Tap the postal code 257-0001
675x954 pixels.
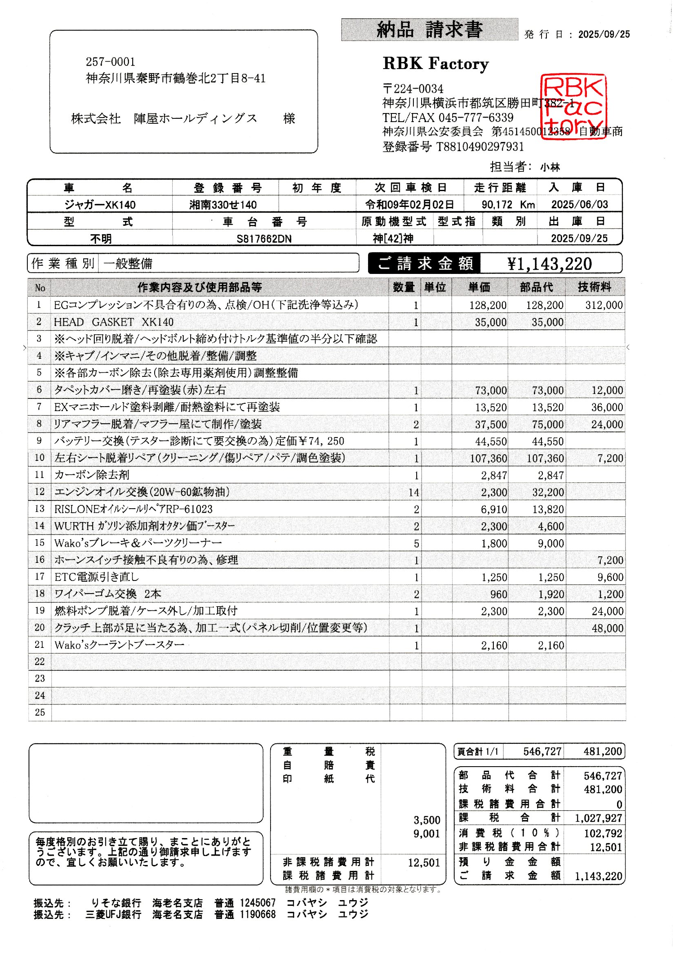[111, 62]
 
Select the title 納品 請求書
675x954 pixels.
[429, 30]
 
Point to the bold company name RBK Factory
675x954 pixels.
[435, 64]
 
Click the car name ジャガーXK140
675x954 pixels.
[100, 205]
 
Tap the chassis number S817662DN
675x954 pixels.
[264, 239]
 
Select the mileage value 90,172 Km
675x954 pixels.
[508, 205]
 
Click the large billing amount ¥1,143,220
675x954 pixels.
[549, 264]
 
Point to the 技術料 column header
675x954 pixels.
[594, 287]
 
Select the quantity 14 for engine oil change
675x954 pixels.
[413, 493]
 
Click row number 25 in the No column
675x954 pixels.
[40, 712]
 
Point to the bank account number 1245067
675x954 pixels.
[257, 903]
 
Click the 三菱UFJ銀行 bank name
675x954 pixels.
[113, 915]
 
